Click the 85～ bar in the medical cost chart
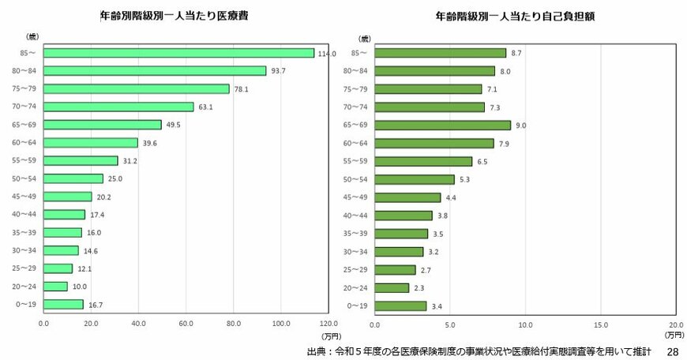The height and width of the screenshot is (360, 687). point(178,53)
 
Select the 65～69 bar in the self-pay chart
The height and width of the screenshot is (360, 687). point(442,125)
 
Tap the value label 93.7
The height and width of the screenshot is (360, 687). point(279,71)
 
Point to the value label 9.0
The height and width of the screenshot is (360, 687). point(520,126)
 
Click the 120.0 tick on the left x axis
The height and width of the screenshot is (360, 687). point(328,324)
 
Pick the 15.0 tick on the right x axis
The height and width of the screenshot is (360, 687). point(600,324)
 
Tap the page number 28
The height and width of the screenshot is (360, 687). point(672,351)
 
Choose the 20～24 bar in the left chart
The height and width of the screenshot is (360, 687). point(55,287)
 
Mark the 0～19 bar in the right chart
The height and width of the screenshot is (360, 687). point(400,306)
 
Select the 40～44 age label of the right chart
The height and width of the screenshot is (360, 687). point(357,215)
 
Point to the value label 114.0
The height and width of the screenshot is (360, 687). point(326,54)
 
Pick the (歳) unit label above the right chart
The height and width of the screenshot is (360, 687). point(365,38)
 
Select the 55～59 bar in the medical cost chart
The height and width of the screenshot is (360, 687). point(81,161)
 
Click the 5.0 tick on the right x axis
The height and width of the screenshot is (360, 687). point(450,324)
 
